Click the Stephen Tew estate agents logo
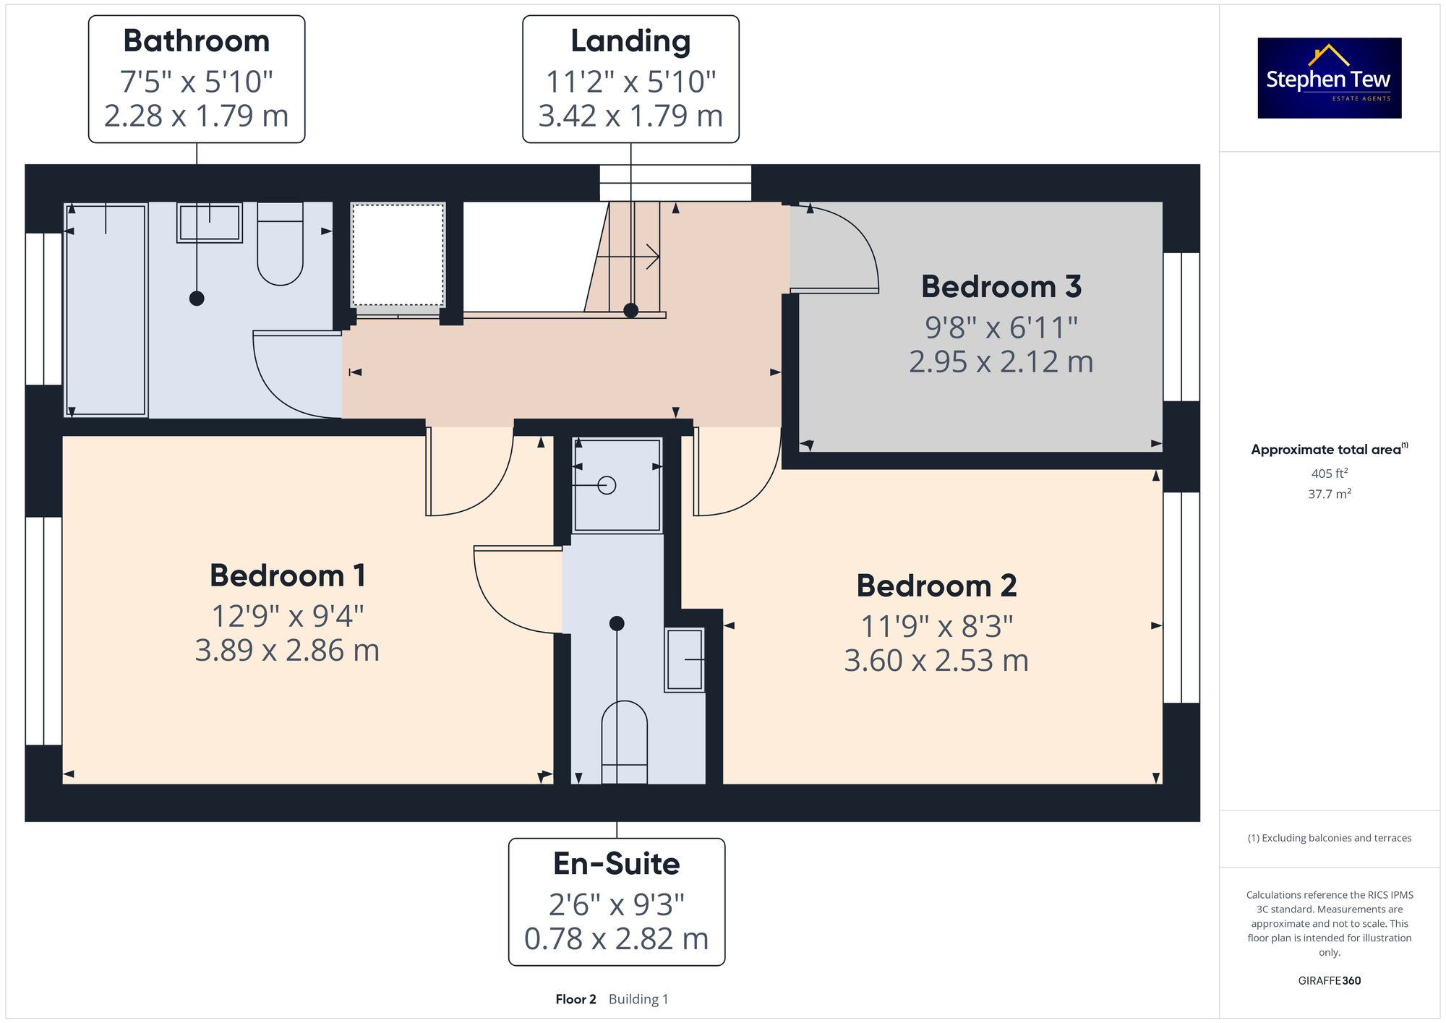click(x=1329, y=78)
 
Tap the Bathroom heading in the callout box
click(x=196, y=41)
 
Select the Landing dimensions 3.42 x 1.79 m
click(x=630, y=116)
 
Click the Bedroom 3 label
click(x=1001, y=287)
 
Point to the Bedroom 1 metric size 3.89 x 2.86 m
click(x=287, y=651)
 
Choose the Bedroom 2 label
click(x=936, y=586)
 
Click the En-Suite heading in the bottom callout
click(x=616, y=864)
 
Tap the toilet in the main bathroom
click(x=280, y=246)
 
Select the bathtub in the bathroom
click(x=106, y=311)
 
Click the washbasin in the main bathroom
click(x=210, y=222)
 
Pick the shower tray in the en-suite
click(x=617, y=485)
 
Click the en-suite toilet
click(x=624, y=741)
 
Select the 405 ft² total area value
click(x=1329, y=474)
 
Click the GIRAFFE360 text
click(x=1329, y=981)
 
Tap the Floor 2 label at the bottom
click(x=576, y=999)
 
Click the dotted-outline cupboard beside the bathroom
click(x=398, y=255)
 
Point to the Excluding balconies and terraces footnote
click(x=1329, y=838)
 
